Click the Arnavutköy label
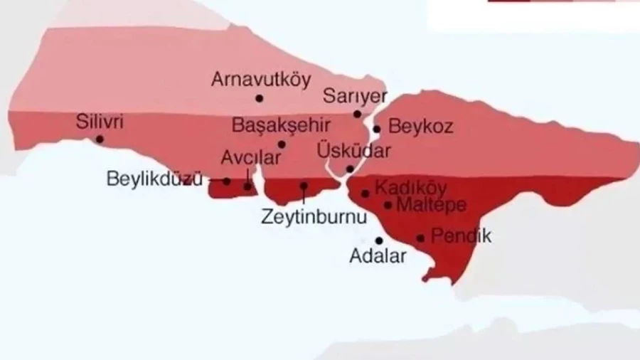(260, 79)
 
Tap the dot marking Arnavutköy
(260, 98)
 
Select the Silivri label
(100, 122)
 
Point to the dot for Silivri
(100, 139)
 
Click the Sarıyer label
(355, 96)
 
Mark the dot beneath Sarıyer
(358, 114)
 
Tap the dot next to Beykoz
(377, 129)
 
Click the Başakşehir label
(281, 126)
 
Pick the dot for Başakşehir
(282, 144)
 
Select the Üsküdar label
(354, 152)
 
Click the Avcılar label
(245, 157)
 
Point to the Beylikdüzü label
(154, 179)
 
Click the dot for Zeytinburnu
(304, 186)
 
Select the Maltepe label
(431, 206)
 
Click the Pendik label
(462, 236)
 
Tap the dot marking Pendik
(421, 238)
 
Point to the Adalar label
(378, 257)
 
